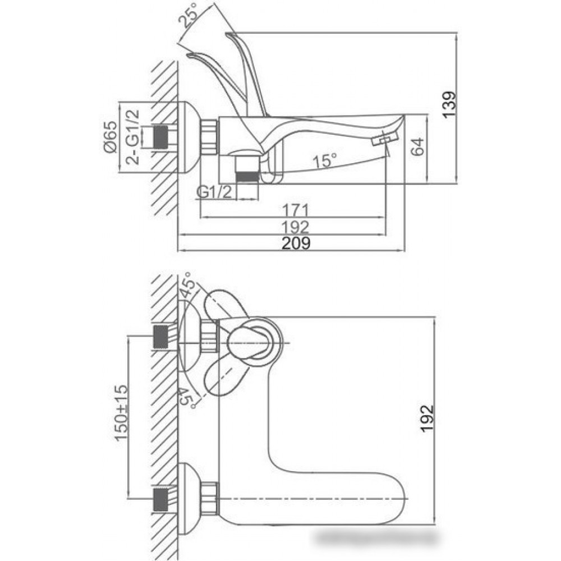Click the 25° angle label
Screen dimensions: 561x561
coord(188,16)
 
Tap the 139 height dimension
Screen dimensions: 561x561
coord(449,104)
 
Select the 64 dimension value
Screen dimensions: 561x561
coord(417,146)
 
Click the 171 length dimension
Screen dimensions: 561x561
coord(296,210)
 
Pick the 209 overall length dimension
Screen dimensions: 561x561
coord(296,243)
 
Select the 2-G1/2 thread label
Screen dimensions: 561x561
coord(133,137)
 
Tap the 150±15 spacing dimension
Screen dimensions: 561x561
coord(121,413)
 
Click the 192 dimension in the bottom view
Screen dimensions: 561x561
coord(427,419)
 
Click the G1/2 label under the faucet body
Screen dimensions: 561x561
coord(214,193)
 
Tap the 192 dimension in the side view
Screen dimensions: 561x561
coord(296,227)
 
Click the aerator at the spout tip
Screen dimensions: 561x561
coord(385,138)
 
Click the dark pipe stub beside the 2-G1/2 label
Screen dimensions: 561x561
coord(160,137)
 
